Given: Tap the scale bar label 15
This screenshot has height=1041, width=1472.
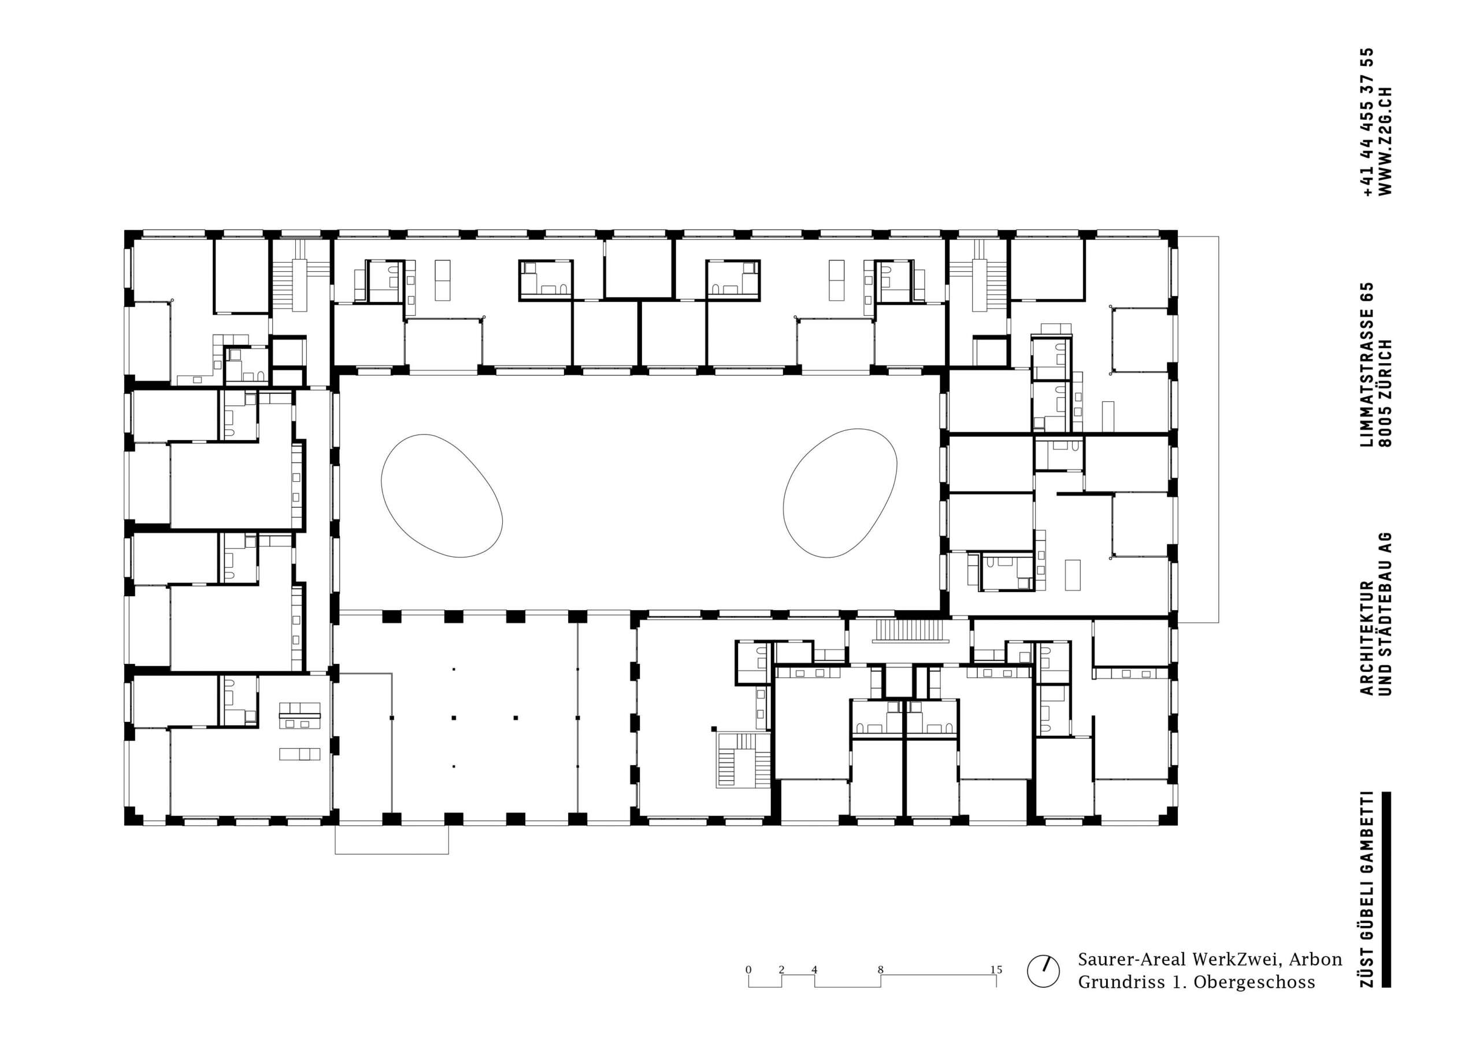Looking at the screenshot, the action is tap(996, 969).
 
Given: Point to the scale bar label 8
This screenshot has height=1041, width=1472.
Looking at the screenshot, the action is tap(880, 969).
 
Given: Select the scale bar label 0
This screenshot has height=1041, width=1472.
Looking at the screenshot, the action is tap(748, 969).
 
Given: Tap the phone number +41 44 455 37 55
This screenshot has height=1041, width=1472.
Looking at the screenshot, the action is tap(1365, 122).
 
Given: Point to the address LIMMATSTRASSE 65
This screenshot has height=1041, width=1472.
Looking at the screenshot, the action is tap(1365, 364).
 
